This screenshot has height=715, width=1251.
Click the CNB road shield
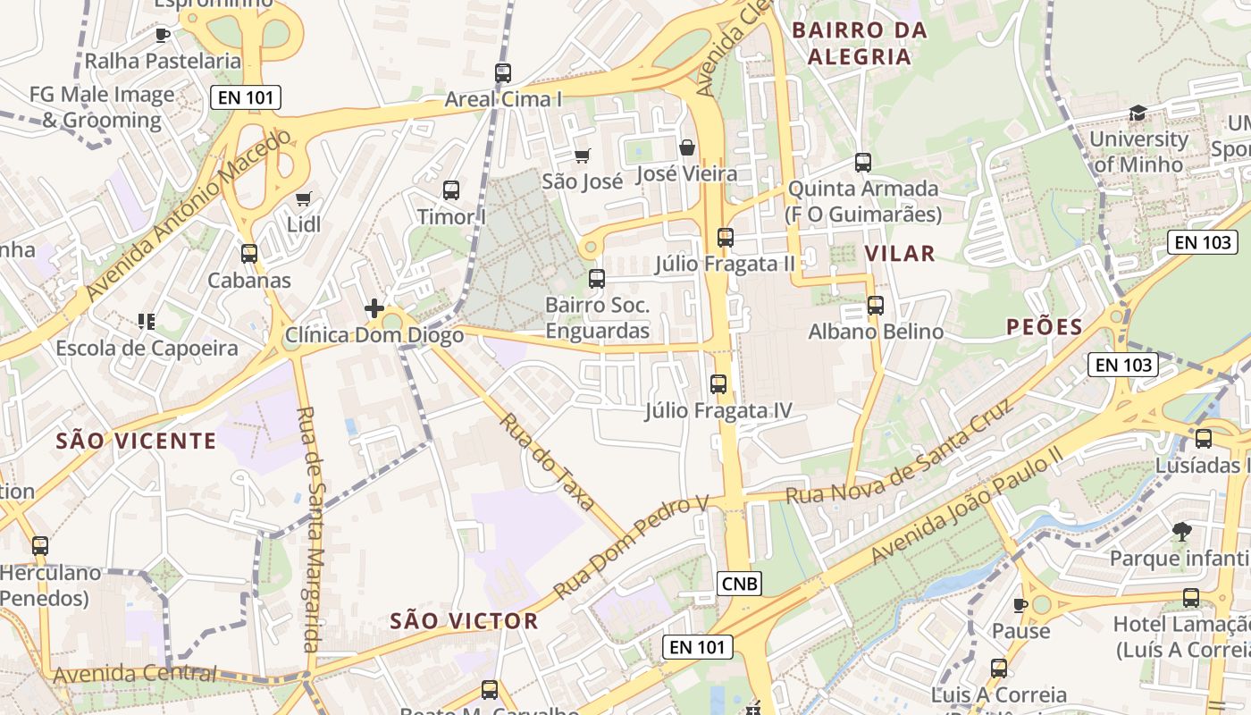(x=740, y=585)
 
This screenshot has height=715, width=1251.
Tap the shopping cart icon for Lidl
(x=303, y=198)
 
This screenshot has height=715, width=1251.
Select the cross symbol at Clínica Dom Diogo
(x=374, y=309)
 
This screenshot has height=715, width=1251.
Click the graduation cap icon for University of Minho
(x=1138, y=113)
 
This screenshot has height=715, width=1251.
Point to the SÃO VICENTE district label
(x=136, y=441)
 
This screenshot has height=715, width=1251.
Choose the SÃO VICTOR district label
(x=464, y=621)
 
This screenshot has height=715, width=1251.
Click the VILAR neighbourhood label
(x=900, y=254)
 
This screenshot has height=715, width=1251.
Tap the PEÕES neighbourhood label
(x=1044, y=327)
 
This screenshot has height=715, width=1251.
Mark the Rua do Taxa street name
(x=547, y=461)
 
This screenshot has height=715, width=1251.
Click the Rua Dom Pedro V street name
(x=630, y=547)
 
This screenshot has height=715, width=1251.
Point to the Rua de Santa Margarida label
(x=308, y=529)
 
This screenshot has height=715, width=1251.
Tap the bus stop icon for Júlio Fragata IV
(x=718, y=384)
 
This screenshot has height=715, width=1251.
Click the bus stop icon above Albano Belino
(x=876, y=306)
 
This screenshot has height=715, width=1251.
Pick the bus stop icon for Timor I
(x=451, y=189)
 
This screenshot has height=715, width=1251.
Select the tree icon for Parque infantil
(x=1181, y=532)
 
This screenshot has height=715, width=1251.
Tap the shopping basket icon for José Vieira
(x=687, y=147)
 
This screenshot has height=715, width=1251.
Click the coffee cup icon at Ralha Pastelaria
(x=162, y=35)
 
